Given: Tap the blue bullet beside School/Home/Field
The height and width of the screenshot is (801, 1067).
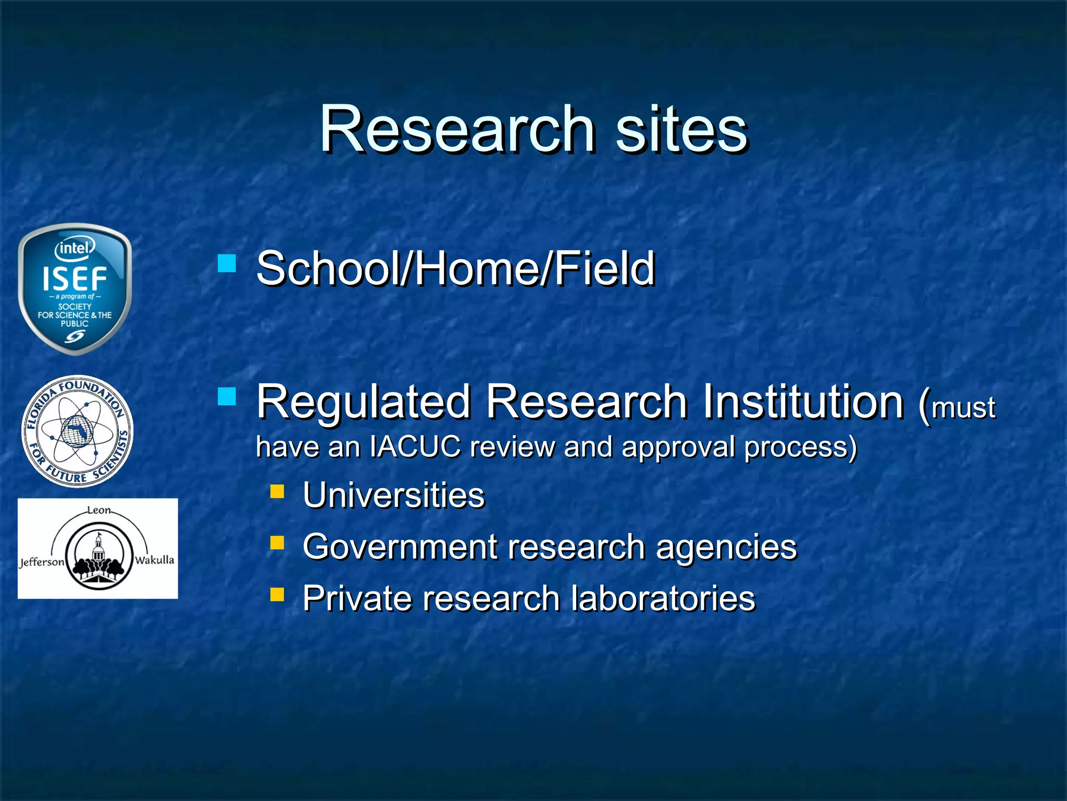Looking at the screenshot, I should [227, 263].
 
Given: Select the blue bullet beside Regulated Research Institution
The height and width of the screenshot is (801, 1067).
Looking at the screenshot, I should [227, 396].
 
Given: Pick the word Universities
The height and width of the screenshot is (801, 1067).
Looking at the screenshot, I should [393, 495].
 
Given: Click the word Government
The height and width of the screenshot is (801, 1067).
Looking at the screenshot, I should [400, 547].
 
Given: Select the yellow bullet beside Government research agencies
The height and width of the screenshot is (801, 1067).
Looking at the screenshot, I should [277, 543].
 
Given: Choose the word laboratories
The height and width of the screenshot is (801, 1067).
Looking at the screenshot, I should [663, 598].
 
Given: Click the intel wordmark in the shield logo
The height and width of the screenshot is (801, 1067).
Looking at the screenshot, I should [75, 248].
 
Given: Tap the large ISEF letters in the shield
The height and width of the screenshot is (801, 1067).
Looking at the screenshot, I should [75, 279].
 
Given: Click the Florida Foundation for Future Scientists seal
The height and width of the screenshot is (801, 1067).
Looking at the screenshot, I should [77, 431].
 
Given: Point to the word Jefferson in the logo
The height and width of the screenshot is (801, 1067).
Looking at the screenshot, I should [42, 562].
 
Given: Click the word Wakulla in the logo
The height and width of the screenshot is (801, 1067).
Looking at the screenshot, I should [154, 560].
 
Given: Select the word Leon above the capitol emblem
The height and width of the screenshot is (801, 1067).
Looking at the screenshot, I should [98, 509].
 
